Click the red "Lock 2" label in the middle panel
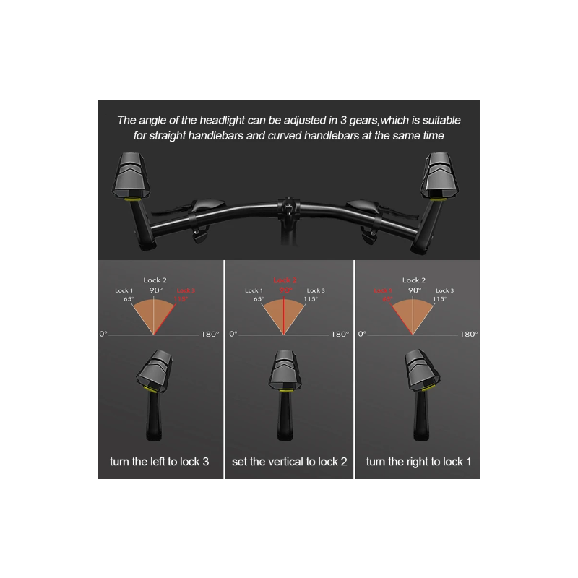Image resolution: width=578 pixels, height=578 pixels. click(285, 280)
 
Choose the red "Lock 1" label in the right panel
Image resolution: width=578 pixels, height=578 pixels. click(382, 290)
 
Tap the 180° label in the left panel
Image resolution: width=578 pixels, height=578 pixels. click(209, 335)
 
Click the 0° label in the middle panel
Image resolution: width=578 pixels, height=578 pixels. click(233, 335)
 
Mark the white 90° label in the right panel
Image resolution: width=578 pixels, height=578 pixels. click(414, 290)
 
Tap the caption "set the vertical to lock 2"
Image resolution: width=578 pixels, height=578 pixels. click(289, 460)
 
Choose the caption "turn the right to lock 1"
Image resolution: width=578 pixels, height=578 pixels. click(418, 460)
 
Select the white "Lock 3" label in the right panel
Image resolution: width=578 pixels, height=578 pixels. click(444, 290)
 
